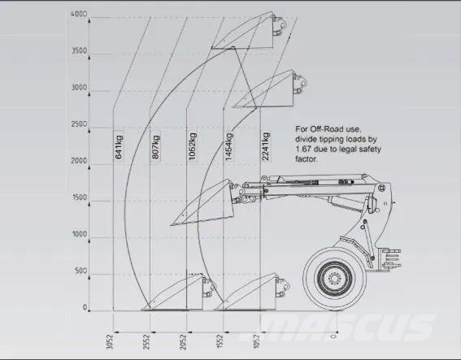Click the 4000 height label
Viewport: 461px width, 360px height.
79,14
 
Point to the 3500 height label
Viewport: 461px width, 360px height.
80,51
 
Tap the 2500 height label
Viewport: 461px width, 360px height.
79,124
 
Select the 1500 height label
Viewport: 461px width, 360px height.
80,197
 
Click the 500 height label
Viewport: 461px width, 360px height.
80,271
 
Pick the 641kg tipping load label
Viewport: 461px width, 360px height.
119,146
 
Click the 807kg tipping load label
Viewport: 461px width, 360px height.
155,146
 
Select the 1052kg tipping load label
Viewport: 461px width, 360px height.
192,146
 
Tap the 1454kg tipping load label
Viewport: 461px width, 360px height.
229,146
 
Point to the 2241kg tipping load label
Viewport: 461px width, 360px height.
266,146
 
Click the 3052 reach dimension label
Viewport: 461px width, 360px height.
110,342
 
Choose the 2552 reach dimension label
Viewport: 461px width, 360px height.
146,342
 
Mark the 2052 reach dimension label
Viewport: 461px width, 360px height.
183,342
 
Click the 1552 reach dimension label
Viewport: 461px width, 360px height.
220,342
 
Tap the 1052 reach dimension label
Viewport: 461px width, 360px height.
257,342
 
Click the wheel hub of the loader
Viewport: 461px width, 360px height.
334,278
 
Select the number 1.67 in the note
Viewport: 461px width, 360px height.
303,150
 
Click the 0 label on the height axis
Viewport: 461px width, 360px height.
85,308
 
